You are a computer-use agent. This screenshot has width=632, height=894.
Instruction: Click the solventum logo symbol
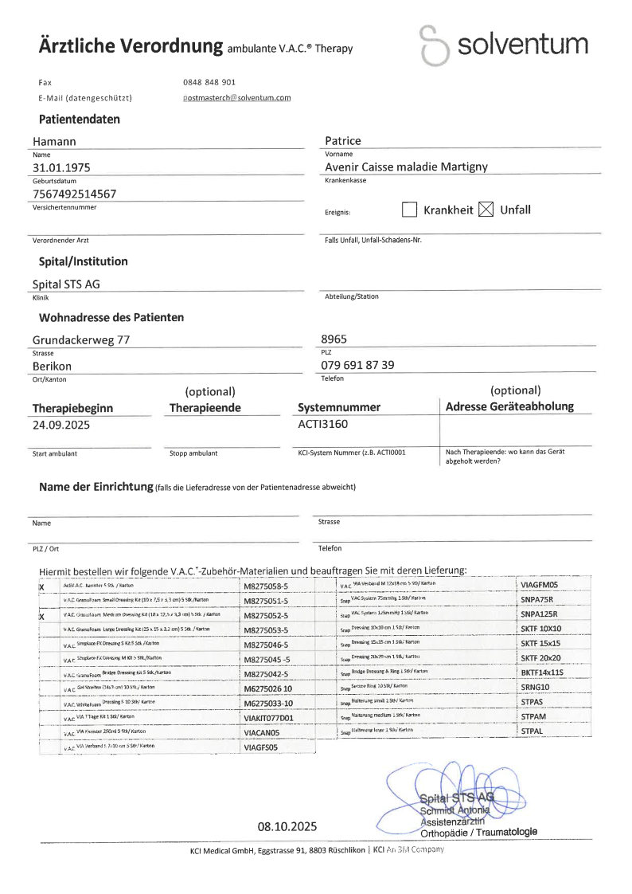[435, 45]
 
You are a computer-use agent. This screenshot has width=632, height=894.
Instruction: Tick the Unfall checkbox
[486, 210]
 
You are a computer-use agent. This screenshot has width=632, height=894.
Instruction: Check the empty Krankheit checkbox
[410, 210]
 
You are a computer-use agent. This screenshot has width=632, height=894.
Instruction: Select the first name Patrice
[342, 141]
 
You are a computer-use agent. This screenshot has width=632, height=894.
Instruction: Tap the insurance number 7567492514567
[74, 194]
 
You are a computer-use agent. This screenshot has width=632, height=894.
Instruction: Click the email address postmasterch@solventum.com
[236, 98]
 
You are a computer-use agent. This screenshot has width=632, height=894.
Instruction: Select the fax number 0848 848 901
[209, 82]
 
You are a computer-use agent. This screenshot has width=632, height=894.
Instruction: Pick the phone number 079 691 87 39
[357, 365]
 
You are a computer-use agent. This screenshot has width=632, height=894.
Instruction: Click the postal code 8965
[334, 339]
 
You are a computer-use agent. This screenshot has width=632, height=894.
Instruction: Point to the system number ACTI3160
[322, 424]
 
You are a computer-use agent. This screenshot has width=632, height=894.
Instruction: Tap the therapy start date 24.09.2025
[61, 425]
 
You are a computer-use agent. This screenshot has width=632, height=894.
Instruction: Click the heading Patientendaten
[80, 120]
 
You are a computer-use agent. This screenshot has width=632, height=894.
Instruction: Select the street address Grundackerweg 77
[80, 339]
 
